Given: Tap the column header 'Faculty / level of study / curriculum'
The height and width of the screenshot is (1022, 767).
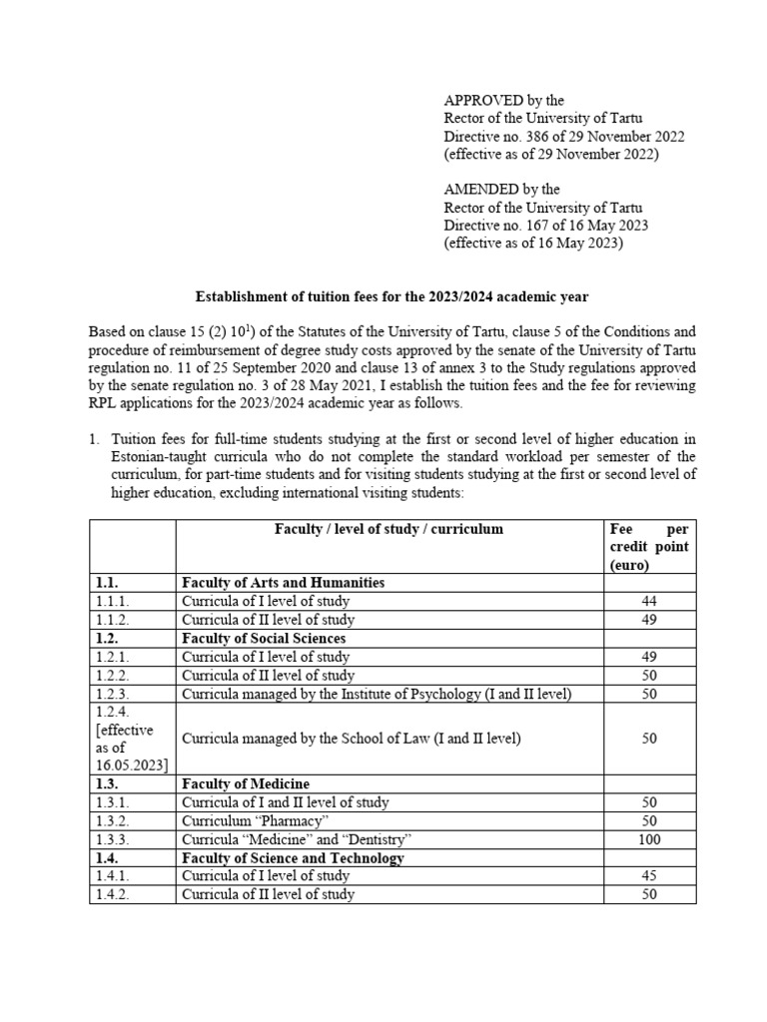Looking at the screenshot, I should pyautogui.click(x=389, y=529).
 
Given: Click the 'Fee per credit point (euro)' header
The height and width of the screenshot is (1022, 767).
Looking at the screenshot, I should pyautogui.click(x=648, y=547).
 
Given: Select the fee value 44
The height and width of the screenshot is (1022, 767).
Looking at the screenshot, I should pyautogui.click(x=649, y=602).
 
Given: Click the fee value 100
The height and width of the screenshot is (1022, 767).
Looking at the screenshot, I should pyautogui.click(x=649, y=839).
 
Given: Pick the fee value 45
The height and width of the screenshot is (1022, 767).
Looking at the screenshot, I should pyautogui.click(x=649, y=876).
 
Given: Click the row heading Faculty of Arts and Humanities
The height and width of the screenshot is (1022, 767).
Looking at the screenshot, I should pyautogui.click(x=283, y=583).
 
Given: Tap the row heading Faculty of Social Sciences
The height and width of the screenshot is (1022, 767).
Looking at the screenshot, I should pyautogui.click(x=264, y=639).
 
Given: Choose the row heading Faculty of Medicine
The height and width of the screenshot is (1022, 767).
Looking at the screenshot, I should pyautogui.click(x=245, y=783).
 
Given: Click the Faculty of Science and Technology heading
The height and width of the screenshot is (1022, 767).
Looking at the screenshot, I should pyautogui.click(x=293, y=858).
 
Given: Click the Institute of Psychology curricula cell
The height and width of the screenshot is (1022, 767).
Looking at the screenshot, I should pyautogui.click(x=377, y=694).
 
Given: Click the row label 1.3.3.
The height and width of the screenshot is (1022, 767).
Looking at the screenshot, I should pyautogui.click(x=116, y=839).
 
